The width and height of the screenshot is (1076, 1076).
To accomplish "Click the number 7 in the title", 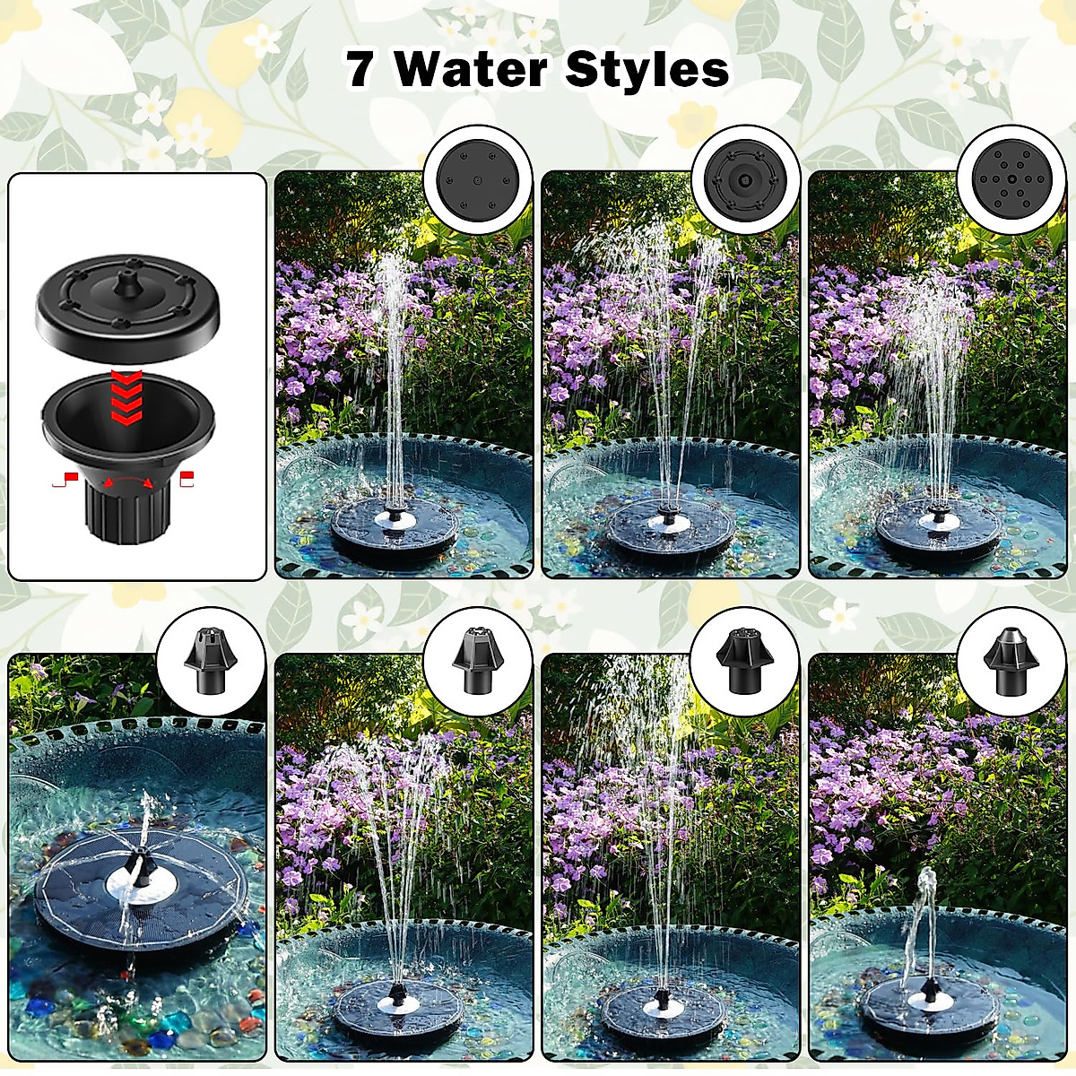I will click(x=360, y=69).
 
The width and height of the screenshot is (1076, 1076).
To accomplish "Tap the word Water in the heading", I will click(x=471, y=69).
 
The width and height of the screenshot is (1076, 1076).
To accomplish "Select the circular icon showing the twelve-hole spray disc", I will click(x=1011, y=178).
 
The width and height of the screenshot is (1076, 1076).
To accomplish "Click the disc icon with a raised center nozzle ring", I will click(x=744, y=178).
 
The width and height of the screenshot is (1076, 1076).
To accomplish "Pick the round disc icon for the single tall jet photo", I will click(x=477, y=178).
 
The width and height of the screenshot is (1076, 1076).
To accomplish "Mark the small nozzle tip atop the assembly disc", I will click(x=130, y=271).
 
